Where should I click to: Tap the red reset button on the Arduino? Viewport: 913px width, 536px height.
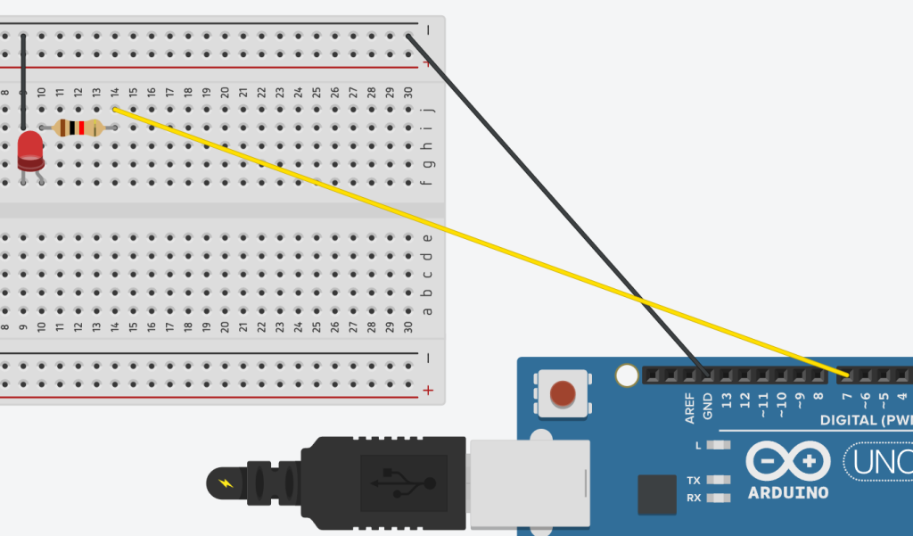563,393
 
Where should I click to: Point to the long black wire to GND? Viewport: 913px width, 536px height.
553,201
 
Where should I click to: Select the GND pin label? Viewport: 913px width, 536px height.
708,406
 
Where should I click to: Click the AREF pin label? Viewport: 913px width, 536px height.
690,406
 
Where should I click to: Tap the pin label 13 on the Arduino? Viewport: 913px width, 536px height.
727,400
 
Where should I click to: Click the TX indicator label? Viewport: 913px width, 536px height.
694,480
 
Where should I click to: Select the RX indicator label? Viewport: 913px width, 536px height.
694,498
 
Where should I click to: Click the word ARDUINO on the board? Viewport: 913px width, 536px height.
788,492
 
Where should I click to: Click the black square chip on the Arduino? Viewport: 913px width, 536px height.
657,494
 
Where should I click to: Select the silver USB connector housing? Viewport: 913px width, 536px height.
530,482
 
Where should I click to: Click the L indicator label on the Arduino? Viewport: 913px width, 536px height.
698,444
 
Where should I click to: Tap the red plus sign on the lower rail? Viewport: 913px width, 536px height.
429,390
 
